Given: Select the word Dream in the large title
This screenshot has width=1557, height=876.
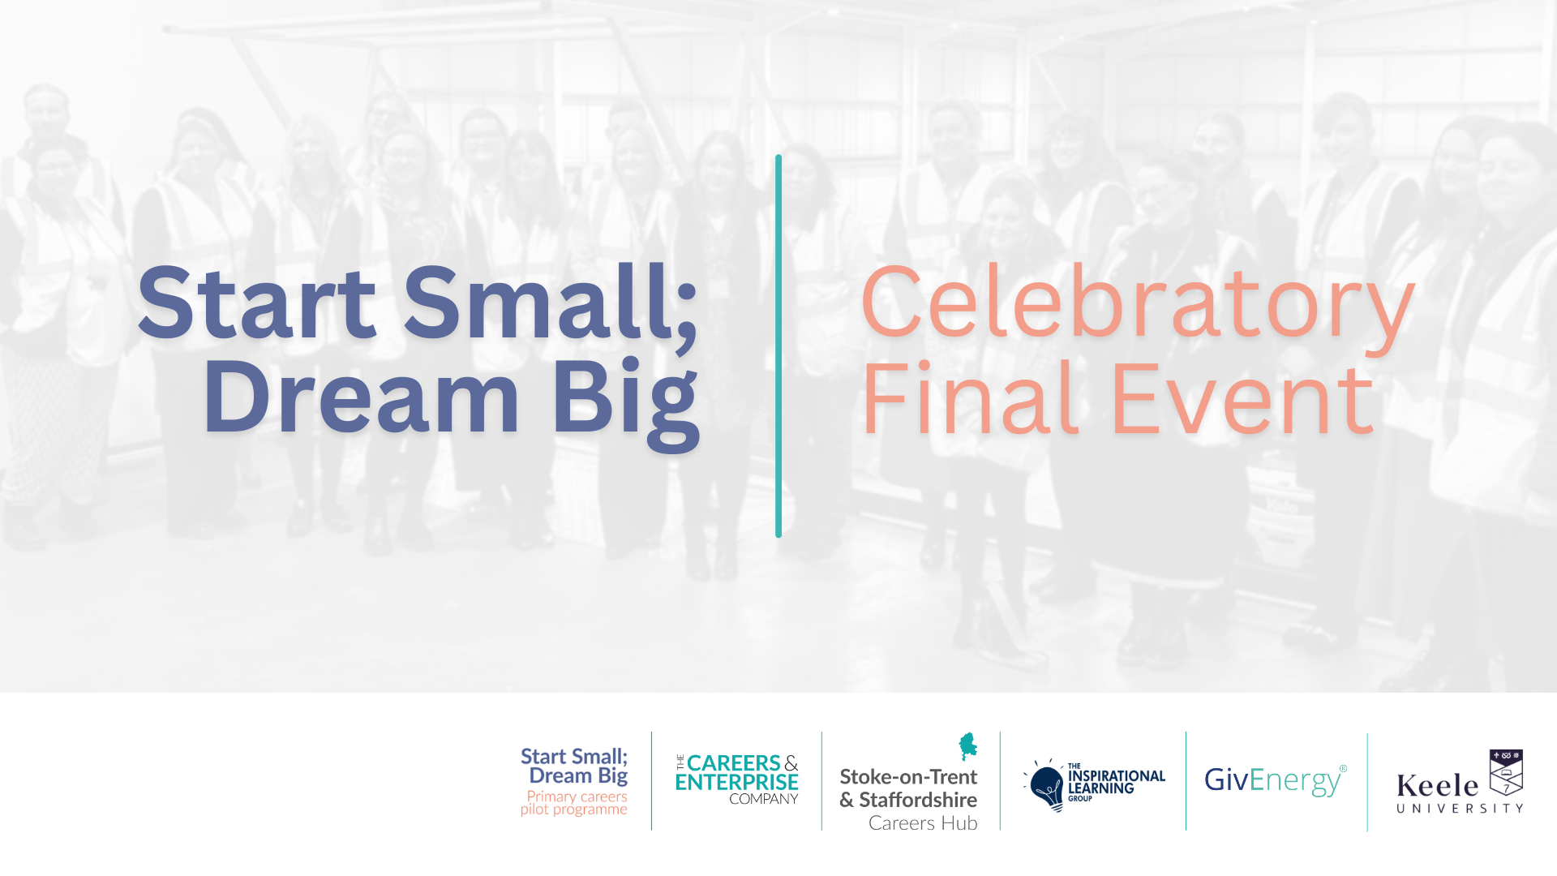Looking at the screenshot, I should (361, 398).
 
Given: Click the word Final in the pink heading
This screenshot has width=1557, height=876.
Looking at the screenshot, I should (970, 399).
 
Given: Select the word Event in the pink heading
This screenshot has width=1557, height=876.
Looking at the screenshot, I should (1242, 399).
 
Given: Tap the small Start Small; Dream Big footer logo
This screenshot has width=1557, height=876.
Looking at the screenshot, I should (574, 766).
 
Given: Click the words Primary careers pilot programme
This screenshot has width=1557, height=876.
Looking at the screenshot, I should (574, 803).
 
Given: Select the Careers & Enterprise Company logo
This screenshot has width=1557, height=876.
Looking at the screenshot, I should (736, 779).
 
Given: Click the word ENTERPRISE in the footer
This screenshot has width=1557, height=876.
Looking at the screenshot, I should (736, 783).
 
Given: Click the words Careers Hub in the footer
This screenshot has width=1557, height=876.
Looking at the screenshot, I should (923, 823).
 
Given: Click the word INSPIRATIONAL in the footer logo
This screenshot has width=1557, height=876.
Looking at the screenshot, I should (1117, 776).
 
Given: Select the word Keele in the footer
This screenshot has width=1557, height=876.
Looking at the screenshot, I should (1437, 786).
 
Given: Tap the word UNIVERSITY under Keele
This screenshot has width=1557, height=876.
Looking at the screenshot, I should (1460, 809).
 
